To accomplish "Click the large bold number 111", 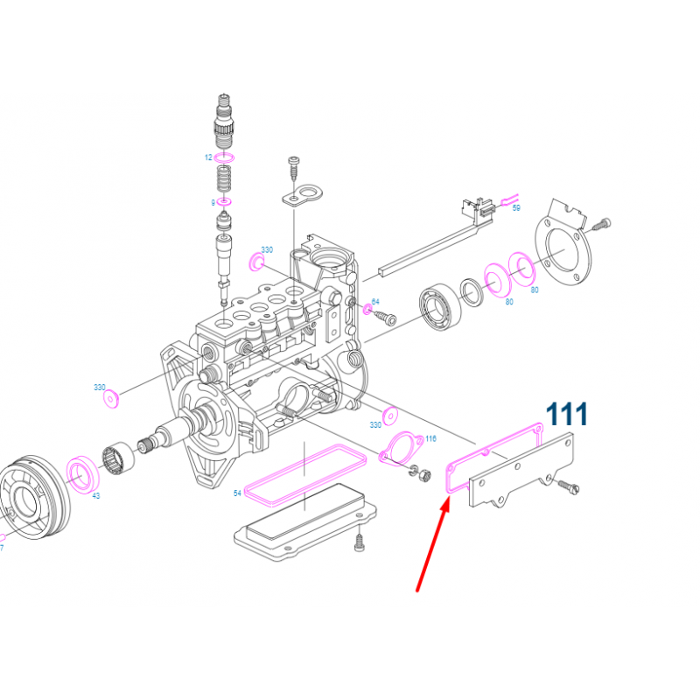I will tap(567, 414).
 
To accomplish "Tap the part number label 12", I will tap(208, 157).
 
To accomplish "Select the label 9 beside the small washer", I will tap(212, 203).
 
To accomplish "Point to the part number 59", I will tap(516, 208).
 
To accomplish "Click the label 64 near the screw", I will tap(375, 302).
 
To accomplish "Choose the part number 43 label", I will tap(95, 496).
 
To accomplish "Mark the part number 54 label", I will tap(236, 494).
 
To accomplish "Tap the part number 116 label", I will tap(430, 438).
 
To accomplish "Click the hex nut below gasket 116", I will tap(419, 476).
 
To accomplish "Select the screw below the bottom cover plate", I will tap(360, 544).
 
